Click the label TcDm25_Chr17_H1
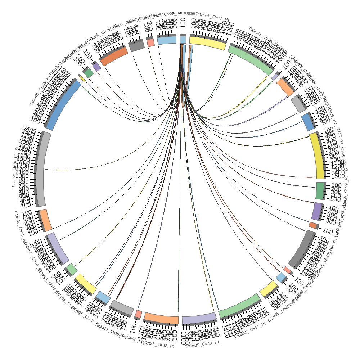coord(212,17)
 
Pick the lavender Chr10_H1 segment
coord(199,318)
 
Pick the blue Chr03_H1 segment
coord(62,105)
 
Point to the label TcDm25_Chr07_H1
coord(250,331)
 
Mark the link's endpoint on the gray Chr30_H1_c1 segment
coord(45,169)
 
